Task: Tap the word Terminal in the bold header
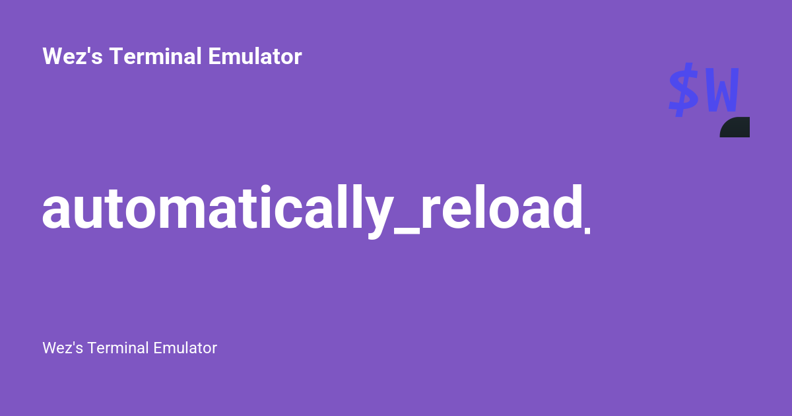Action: click(x=156, y=57)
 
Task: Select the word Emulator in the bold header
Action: click(x=255, y=57)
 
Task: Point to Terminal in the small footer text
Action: click(x=118, y=348)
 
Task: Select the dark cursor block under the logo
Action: click(x=735, y=127)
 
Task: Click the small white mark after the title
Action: click(x=587, y=230)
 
